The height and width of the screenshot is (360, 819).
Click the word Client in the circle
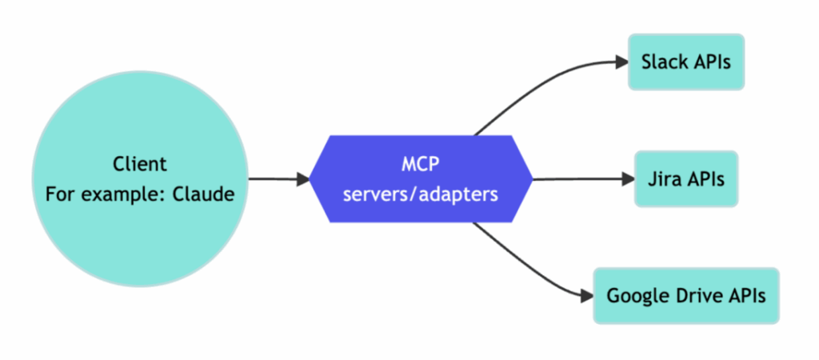139,164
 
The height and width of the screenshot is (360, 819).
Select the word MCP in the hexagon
421,164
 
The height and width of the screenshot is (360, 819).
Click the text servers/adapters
421,194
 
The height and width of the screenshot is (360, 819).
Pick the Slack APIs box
686,62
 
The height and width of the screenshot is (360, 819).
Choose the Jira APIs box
686,178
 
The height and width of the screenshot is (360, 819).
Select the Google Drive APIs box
685,295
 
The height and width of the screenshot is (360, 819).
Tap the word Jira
664,178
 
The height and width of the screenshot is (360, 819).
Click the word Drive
693,295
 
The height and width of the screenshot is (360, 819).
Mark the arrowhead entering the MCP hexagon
303,179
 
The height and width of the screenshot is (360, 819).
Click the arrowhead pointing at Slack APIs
621,61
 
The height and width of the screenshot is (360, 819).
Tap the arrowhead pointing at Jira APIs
627,178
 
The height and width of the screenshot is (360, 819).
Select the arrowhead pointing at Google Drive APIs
586,296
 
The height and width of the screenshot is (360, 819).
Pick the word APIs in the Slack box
709,62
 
